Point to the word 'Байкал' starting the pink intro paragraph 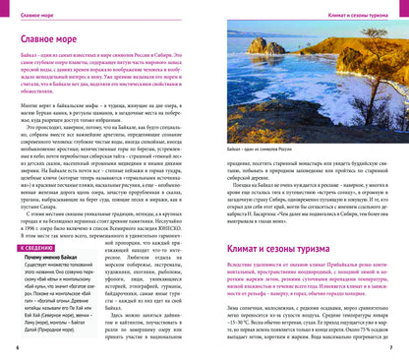(32, 66)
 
